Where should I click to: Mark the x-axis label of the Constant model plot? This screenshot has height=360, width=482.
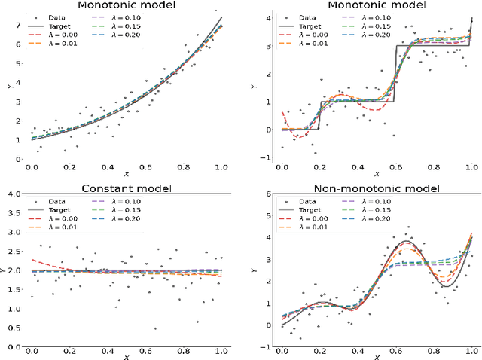125,355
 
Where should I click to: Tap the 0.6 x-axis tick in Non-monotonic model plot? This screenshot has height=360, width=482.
395,351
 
